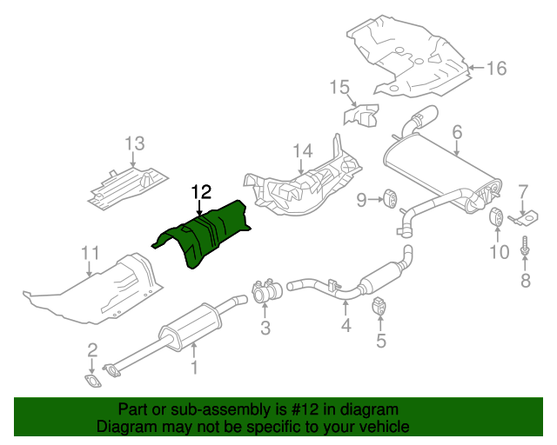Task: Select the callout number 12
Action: coord(201,191)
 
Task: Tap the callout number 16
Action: coord(495,67)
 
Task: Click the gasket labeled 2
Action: coord(91,380)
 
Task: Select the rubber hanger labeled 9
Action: coord(391,200)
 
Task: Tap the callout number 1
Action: coord(194,368)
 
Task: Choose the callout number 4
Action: coord(346,325)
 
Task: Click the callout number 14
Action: coord(301,152)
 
